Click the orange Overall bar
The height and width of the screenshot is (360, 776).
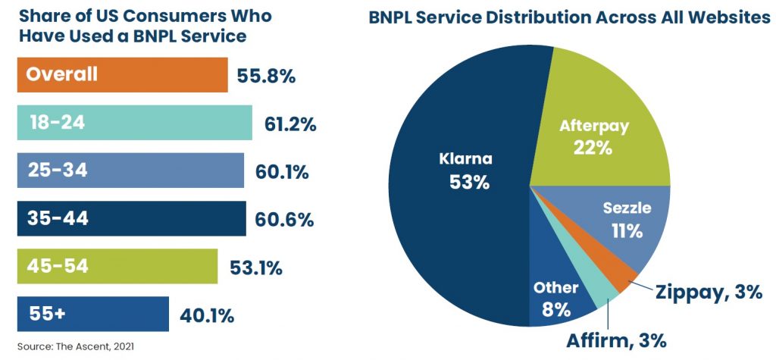pyautogui.click(x=121, y=74)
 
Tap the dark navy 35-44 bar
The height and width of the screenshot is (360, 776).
pyautogui.click(x=131, y=218)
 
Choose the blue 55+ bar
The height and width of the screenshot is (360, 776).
pyautogui.click(x=92, y=314)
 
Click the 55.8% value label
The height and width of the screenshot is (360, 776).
pyautogui.click(x=266, y=76)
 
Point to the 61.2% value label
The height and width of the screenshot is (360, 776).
pyautogui.click(x=290, y=124)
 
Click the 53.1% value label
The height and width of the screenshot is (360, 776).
pyautogui.click(x=256, y=267)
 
